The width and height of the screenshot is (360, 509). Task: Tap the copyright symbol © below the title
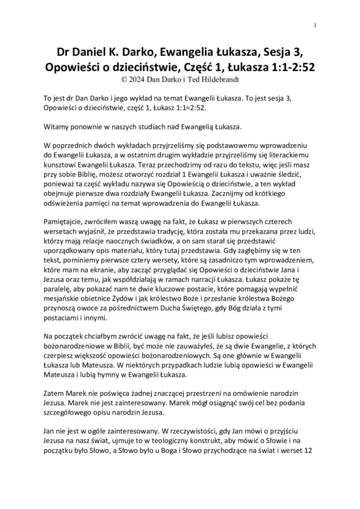point(123,79)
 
